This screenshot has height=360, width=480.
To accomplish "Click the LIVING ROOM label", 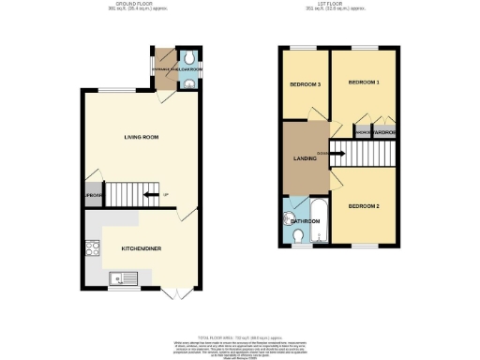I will [x=141, y=138].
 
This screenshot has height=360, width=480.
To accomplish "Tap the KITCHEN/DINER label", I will [x=138, y=248].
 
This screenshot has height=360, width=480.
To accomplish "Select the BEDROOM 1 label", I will [x=364, y=83].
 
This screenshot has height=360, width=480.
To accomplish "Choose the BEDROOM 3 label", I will [x=307, y=85].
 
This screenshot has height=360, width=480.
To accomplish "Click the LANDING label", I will [x=304, y=158].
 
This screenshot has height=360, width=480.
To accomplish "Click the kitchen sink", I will [x=124, y=277].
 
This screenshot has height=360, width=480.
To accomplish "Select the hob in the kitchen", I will [x=92, y=249].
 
